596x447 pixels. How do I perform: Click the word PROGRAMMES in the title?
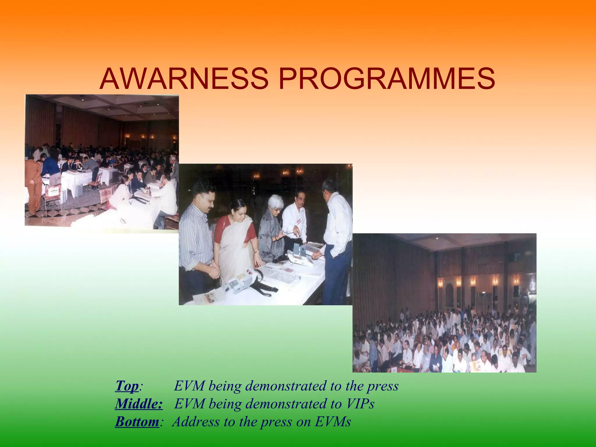387,79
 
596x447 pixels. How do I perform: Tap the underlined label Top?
127,386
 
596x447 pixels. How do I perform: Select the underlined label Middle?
139,404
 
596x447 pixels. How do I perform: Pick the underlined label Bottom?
137,421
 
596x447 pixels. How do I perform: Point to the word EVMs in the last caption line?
333,421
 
